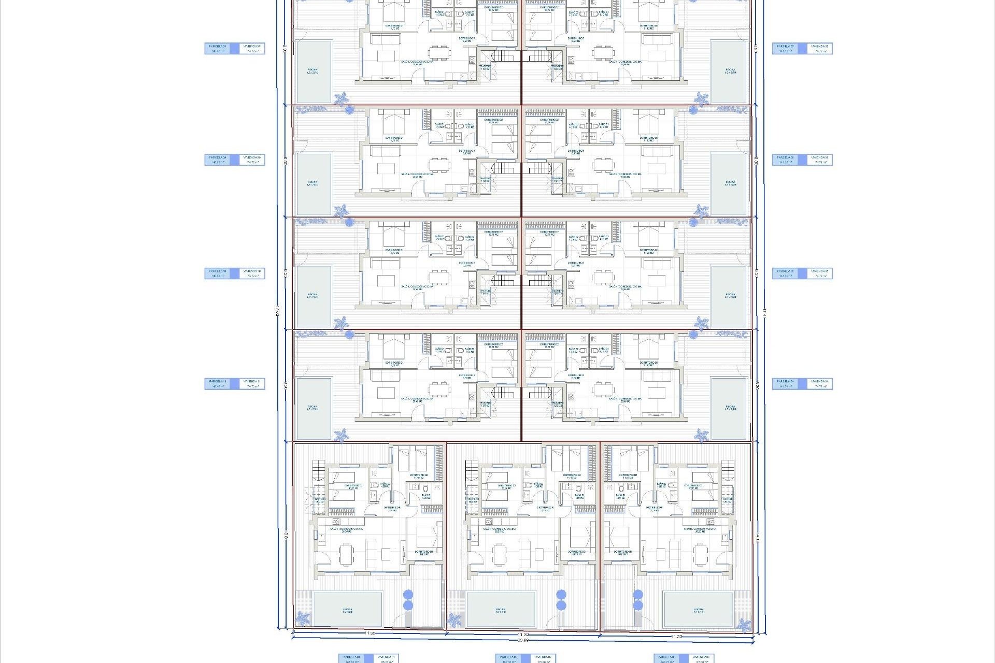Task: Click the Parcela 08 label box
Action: pos(218,49)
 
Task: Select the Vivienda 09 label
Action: pos(252,160)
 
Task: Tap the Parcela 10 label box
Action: pos(218,273)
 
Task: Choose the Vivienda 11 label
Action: pos(252,384)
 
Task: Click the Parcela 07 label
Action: pos(786,49)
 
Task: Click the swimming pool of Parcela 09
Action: pos(314,184)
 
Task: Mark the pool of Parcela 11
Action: pos(314,408)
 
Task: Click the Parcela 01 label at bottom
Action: pos(351,658)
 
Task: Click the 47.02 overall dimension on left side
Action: pos(278,311)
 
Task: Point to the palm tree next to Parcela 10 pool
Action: pos(340,323)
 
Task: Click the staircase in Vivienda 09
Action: pos(502,168)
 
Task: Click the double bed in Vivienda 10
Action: pos(394,236)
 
